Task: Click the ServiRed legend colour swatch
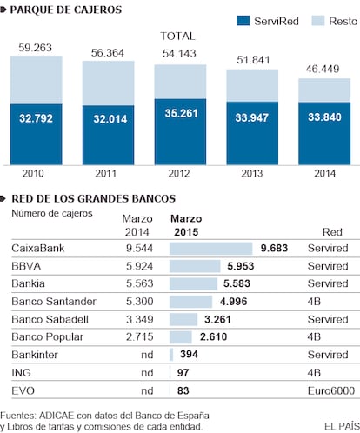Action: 243,21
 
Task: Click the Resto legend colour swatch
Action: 318,21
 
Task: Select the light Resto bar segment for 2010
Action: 37,80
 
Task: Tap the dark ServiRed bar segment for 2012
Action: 180,132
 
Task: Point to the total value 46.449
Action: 323,69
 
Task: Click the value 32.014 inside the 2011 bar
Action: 110,119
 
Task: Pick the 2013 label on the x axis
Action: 252,173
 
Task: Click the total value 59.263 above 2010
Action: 35,48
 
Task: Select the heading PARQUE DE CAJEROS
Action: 66,10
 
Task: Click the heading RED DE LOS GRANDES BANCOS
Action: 94,198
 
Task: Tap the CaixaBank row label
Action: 38,249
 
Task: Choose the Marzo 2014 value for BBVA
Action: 139,266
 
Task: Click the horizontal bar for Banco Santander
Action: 190,302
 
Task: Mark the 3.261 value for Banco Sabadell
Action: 217,319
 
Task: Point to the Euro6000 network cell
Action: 331,390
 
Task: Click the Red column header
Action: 332,232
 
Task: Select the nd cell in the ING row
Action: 147,373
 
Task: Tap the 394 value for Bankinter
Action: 189,354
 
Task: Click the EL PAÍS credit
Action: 342,426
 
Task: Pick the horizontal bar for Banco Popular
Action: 181,337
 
